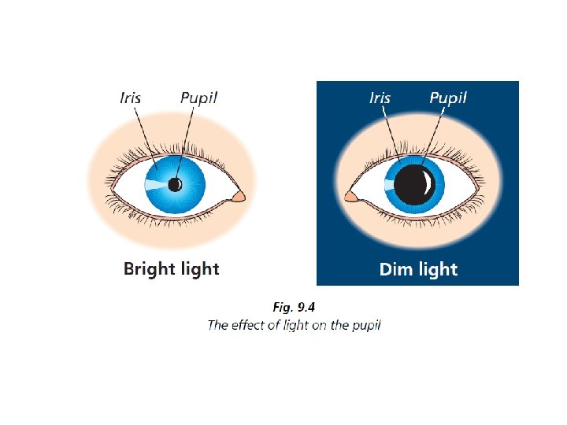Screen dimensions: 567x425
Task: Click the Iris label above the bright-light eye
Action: click(x=131, y=98)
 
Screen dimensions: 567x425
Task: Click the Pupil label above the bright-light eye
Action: click(x=198, y=98)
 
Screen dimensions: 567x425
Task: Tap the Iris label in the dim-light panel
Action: click(x=380, y=98)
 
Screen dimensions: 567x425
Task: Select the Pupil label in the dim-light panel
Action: click(x=448, y=98)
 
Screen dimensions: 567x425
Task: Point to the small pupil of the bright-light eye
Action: click(x=175, y=185)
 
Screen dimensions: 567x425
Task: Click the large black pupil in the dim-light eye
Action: click(x=413, y=186)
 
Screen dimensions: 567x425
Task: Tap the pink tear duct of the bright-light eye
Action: click(x=239, y=197)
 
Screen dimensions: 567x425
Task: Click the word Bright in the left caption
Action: click(x=147, y=269)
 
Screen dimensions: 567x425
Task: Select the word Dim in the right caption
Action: click(x=396, y=269)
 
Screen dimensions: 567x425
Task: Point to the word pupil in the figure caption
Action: click(x=365, y=325)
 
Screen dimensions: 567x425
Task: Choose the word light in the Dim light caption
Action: click(x=437, y=269)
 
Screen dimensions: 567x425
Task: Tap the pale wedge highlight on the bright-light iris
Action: click(x=155, y=186)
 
